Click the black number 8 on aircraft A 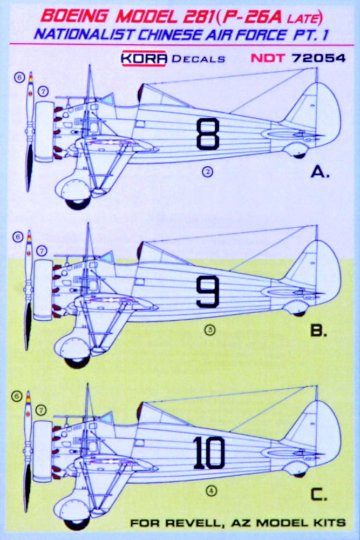tap(208, 133)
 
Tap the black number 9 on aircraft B tap(208, 292)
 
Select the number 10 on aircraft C tap(209, 453)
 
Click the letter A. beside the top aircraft tap(320, 172)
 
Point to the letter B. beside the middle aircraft tap(318, 330)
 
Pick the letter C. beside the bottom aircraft tap(318, 495)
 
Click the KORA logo tap(144, 58)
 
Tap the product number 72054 tap(318, 58)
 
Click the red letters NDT tap(267, 58)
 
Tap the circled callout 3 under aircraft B tap(209, 330)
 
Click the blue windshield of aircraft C tap(106, 418)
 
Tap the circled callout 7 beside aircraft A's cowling tap(43, 92)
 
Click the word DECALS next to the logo tap(198, 59)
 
